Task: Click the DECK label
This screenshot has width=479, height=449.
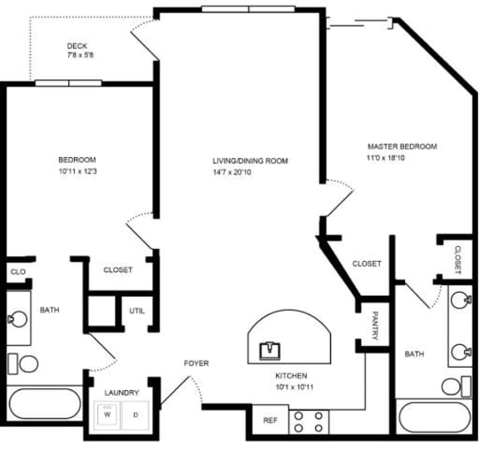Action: click(77, 46)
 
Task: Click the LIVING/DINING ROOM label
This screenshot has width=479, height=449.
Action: click(249, 160)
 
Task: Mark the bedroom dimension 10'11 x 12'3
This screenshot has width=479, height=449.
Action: click(77, 172)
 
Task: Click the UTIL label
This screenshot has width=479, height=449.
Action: click(137, 311)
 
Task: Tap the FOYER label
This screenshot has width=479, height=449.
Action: click(196, 363)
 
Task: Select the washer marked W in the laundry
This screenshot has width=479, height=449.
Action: click(107, 414)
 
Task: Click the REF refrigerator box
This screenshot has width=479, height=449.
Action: click(269, 421)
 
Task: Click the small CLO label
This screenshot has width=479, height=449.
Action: click(16, 271)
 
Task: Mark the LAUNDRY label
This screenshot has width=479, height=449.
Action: click(121, 392)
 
